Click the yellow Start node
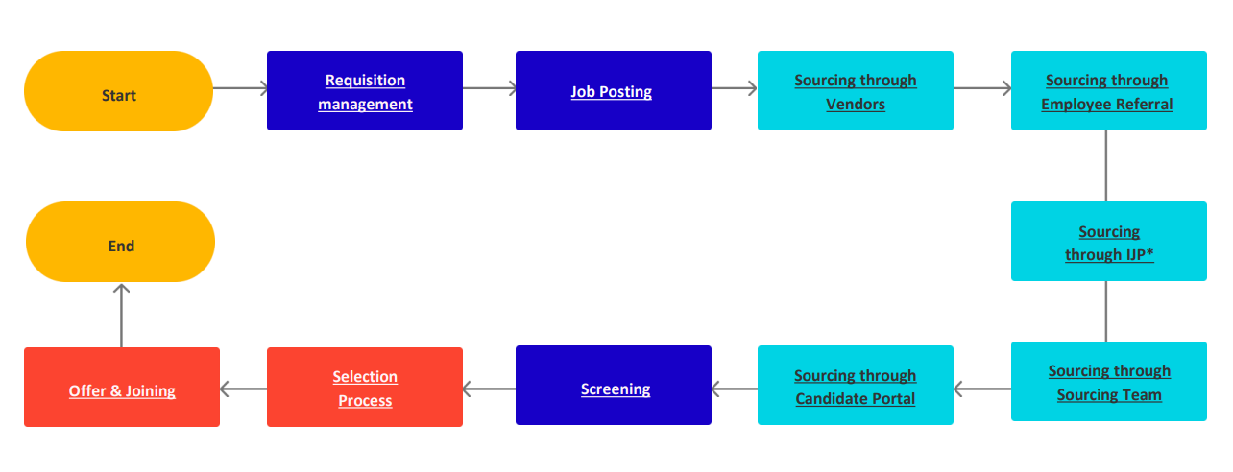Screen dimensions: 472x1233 [118, 92]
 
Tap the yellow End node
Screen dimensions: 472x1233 [120, 243]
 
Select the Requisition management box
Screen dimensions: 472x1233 [365, 91]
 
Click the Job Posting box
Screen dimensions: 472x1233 [613, 91]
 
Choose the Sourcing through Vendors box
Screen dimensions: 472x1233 [856, 91]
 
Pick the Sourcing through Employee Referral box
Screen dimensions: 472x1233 [1108, 91]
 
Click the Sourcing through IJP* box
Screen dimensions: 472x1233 [1108, 242]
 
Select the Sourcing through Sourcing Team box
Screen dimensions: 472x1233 [1108, 382]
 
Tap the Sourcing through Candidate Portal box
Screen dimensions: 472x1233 [856, 386]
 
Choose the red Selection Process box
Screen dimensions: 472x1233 [365, 388]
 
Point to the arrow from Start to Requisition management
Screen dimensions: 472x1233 [240, 89]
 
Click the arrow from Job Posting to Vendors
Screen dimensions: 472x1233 [735, 89]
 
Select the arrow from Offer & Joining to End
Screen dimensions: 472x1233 [121, 315]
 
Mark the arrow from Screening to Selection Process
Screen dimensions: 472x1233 [489, 389]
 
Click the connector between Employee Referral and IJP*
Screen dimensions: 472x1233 [1106, 166]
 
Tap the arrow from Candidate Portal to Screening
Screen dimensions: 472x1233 [735, 389]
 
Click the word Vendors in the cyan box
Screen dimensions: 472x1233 [856, 105]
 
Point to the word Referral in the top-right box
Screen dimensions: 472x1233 [1144, 105]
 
